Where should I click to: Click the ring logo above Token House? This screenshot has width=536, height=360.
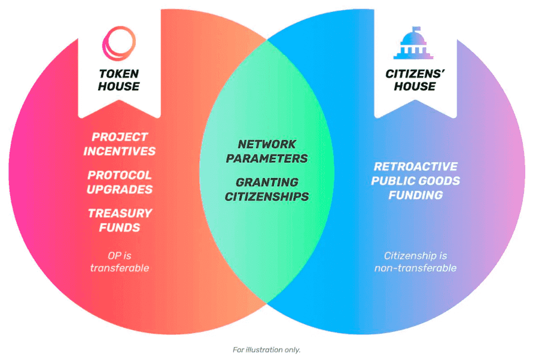tap(118, 44)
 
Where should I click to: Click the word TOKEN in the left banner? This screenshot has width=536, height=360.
tap(118, 74)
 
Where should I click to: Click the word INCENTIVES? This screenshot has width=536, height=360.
tap(119, 151)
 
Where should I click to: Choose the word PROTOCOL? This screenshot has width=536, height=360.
tap(120, 175)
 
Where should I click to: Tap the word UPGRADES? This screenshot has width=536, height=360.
tap(120, 190)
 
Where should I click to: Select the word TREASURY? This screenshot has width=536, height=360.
tap(120, 213)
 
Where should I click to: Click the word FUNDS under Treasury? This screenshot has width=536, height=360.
tap(120, 228)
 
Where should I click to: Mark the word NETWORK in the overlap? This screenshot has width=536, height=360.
tap(267, 144)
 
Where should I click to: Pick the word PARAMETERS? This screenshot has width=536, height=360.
tap(267, 158)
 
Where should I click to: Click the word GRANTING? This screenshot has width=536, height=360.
tap(267, 182)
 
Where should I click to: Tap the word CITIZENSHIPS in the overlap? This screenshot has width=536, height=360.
tap(267, 197)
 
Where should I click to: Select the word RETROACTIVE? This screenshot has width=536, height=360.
tap(415, 166)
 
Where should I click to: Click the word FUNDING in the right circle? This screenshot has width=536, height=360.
tap(415, 195)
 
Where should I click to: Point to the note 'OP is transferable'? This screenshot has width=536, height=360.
tap(119, 262)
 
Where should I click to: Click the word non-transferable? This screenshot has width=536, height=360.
tap(415, 268)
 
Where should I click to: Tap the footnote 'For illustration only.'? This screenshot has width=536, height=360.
tap(266, 350)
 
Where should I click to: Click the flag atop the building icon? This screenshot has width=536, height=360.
tap(417, 29)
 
